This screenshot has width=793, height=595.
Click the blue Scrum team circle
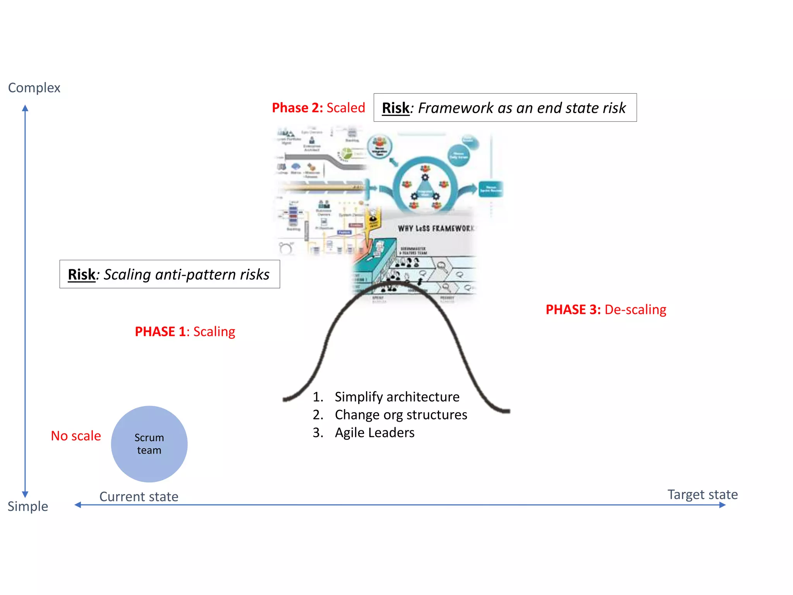coord(149,444)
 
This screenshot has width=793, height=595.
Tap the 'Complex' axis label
coord(34,88)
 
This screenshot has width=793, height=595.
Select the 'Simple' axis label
coord(27,506)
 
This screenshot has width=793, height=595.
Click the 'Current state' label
coord(139,497)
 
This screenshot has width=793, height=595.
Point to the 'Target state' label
coord(702,495)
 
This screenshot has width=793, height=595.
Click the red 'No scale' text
coord(76,436)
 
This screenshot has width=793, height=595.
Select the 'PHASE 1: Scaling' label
coord(185,332)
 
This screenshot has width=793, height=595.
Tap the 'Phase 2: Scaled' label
coord(318,108)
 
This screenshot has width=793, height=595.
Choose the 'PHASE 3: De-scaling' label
coord(606,310)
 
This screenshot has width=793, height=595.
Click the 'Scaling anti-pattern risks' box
coord(170,274)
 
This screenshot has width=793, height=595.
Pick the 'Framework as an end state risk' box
coord(505,108)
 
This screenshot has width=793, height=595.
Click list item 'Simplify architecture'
coord(396,397)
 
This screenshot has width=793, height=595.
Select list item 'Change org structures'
coord(400,414)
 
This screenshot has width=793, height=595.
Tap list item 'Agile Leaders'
coord(374,432)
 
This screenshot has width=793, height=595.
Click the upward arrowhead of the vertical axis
coord(25,108)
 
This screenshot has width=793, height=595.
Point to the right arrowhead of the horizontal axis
coord(723,505)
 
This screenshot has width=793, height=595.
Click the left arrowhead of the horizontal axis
coord(78,505)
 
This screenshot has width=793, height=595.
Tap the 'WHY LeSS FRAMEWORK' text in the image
coord(436,229)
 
